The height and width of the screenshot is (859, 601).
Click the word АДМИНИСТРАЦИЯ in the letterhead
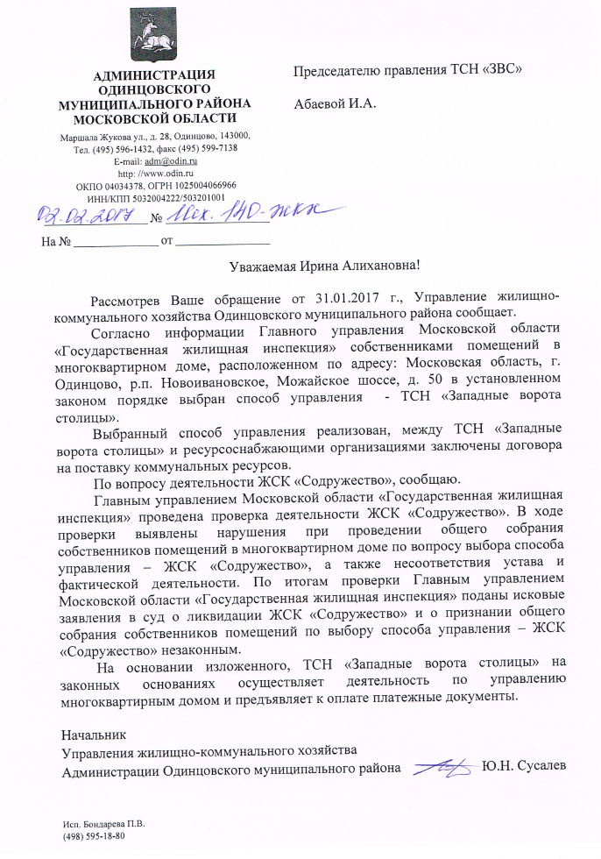point(154,75)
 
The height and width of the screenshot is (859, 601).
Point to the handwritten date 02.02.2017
point(78,212)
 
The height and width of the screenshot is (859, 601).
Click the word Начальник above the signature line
point(94,732)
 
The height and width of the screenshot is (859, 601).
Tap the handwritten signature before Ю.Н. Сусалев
point(442,768)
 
